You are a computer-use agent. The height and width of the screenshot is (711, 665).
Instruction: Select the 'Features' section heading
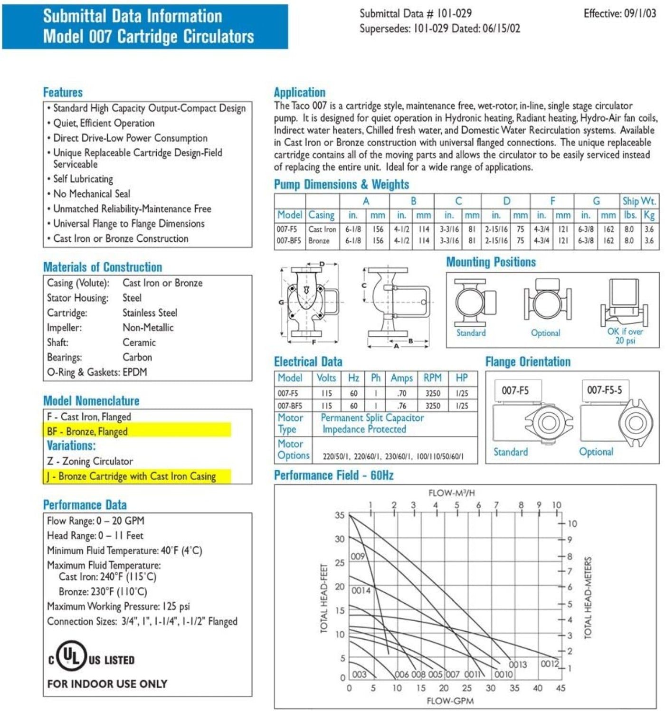click(63, 92)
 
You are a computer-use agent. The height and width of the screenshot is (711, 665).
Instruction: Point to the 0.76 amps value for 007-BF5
click(402, 406)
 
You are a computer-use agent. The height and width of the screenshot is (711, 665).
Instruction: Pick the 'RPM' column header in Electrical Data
click(432, 378)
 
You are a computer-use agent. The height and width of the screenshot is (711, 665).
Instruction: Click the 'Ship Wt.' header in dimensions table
click(639, 201)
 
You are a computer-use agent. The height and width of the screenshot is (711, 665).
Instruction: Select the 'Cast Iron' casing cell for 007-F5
click(322, 229)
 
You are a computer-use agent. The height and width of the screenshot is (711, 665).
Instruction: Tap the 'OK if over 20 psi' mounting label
click(625, 336)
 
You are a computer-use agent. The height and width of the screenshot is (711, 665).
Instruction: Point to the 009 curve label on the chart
click(358, 556)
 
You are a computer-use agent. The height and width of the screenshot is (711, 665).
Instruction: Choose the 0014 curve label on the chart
click(361, 590)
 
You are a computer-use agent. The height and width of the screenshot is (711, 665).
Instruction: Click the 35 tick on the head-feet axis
click(340, 515)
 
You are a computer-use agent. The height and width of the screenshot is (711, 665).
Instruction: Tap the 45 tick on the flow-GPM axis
click(560, 688)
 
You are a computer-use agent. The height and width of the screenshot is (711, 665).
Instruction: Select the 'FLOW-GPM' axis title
click(450, 701)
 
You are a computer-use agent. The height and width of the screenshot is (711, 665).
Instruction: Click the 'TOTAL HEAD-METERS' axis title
click(588, 598)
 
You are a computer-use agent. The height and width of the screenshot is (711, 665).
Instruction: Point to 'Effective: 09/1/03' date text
click(619, 13)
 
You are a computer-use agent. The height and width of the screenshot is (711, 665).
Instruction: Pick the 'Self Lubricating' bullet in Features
click(83, 179)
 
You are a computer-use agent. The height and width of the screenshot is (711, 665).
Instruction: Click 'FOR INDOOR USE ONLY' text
click(107, 683)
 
